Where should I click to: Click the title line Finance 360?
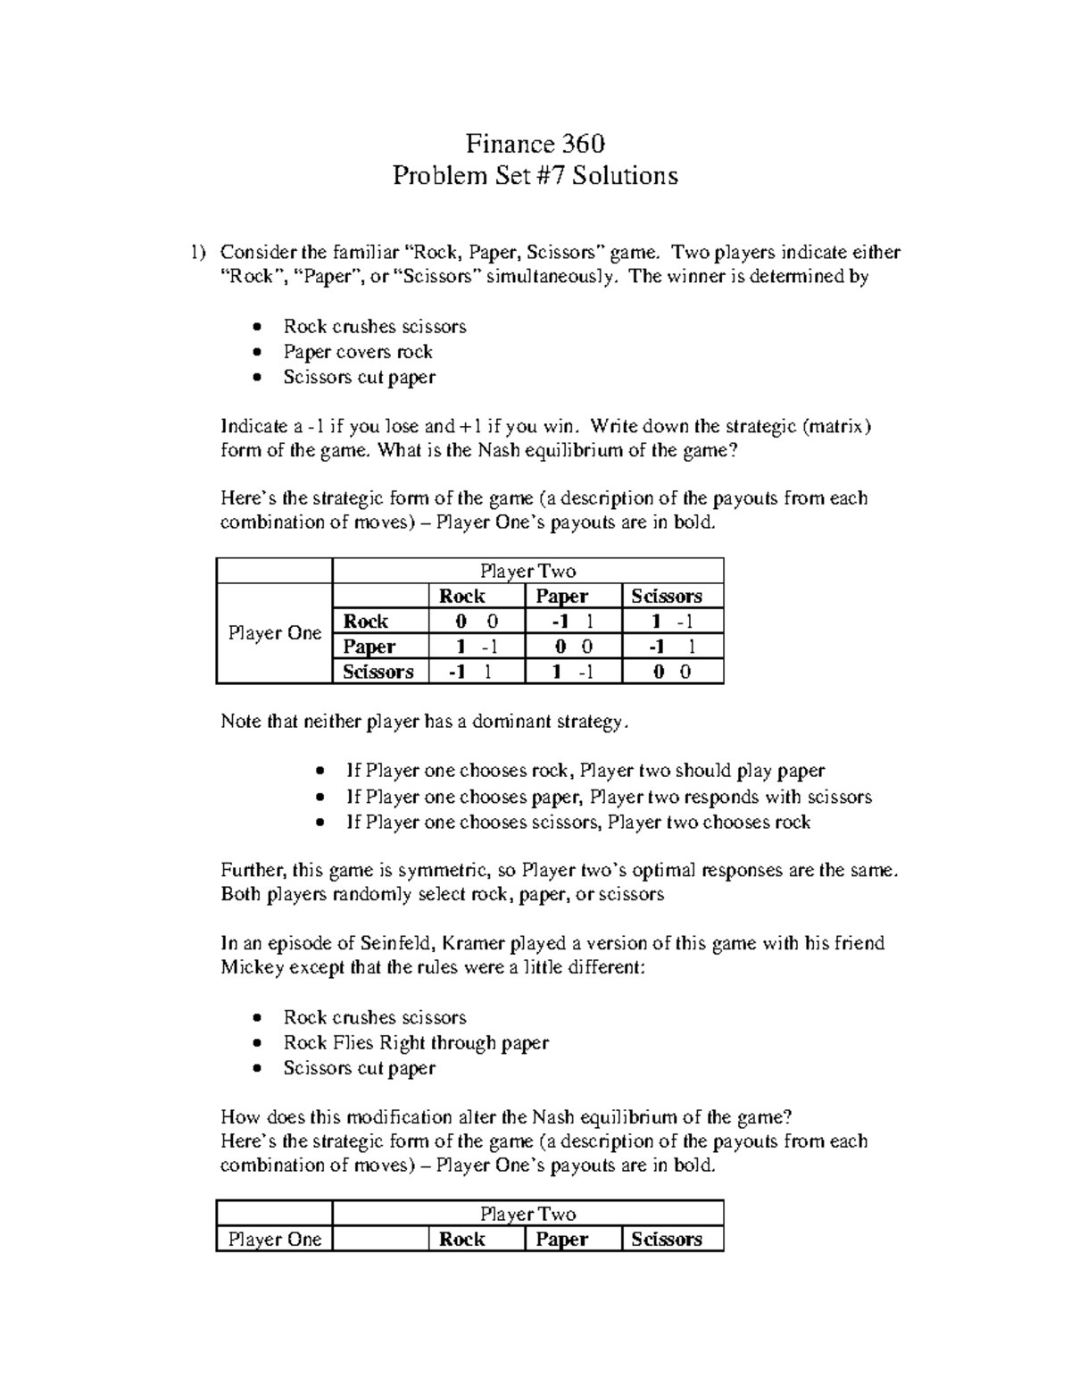click(x=535, y=144)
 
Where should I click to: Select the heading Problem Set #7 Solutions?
click(x=535, y=176)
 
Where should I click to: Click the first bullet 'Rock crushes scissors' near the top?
click(x=374, y=327)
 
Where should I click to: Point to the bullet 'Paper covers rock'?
click(x=357, y=352)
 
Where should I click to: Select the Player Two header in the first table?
click(x=527, y=572)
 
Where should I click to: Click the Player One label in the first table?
click(x=274, y=633)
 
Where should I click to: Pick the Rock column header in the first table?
click(x=461, y=597)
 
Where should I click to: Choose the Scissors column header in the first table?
click(x=666, y=597)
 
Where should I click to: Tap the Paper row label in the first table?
click(x=369, y=647)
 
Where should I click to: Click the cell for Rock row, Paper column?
click(x=572, y=622)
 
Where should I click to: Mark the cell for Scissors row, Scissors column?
click(x=671, y=672)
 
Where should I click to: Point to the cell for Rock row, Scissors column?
click(x=671, y=622)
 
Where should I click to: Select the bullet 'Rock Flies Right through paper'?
click(x=415, y=1043)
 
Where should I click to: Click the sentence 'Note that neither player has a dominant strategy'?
click(x=425, y=722)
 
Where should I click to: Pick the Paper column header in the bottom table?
click(x=561, y=1240)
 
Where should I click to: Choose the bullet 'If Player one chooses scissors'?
click(x=577, y=823)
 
